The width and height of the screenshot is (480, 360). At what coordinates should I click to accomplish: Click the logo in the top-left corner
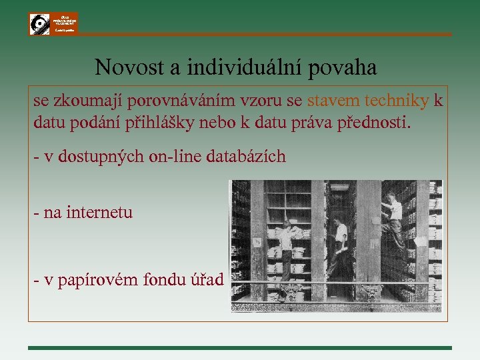53,23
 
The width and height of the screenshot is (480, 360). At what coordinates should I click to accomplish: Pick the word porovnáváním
199,101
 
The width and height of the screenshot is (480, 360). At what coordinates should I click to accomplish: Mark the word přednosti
376,124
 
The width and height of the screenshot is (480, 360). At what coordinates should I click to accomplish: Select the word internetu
99,213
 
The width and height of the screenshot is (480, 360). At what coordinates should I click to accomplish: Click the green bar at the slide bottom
240,347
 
